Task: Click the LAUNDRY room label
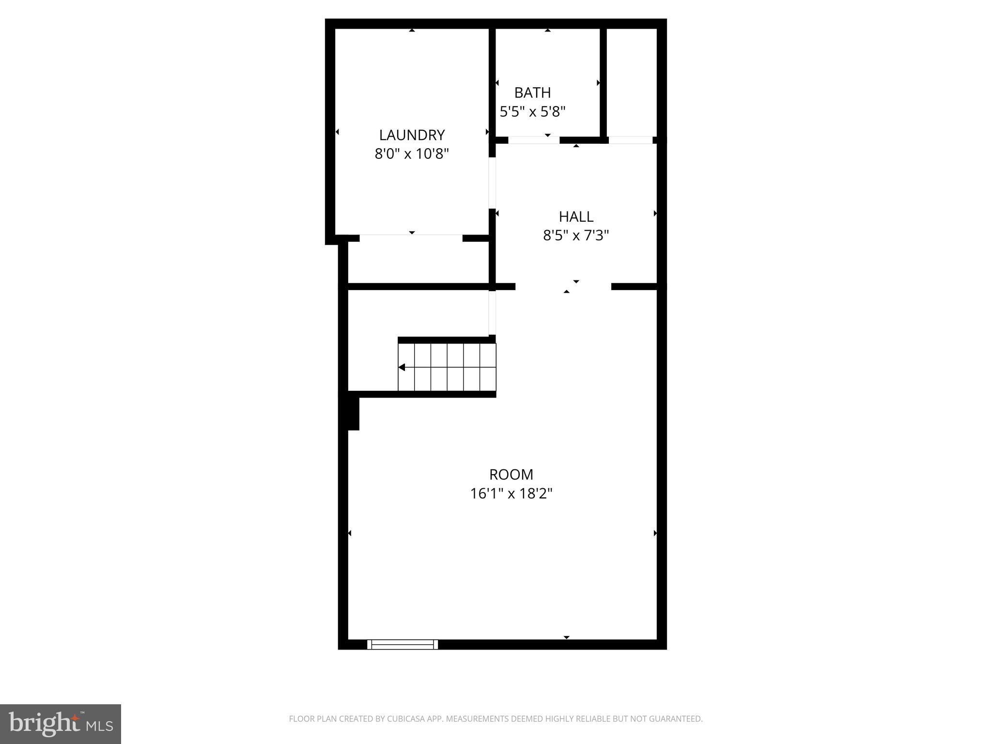(412, 135)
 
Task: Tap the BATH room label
(532, 93)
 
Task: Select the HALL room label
(576, 217)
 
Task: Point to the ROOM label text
(511, 474)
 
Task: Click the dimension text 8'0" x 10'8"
(412, 154)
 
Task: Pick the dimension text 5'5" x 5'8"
(532, 112)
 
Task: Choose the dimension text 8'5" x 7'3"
(576, 235)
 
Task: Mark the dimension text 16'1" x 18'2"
(511, 494)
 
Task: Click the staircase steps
(447, 367)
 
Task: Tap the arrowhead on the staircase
(402, 368)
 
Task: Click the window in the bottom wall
(402, 644)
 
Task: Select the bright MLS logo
(61, 724)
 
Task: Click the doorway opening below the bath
(534, 140)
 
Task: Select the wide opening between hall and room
(563, 287)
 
